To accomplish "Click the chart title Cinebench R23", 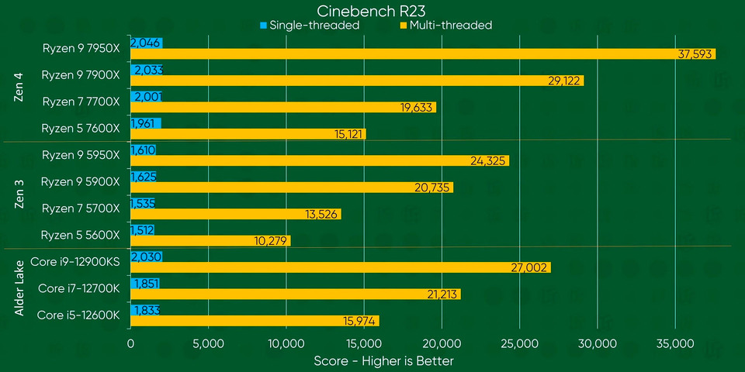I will click(x=372, y=10).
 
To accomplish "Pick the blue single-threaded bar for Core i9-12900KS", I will click(x=146, y=257).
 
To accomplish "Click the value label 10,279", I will click(x=272, y=241).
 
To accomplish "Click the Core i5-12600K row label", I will click(x=78, y=315).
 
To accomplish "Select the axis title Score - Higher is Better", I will click(x=383, y=360).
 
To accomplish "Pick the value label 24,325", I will click(x=489, y=160).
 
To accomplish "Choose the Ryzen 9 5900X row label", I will click(x=81, y=181).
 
